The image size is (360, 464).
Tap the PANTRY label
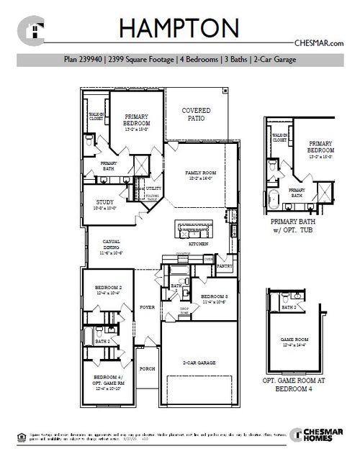pos(224,265)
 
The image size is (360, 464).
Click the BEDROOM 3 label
pos(214,296)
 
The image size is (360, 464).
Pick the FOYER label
pos(147,306)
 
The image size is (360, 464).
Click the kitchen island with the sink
pos(194,230)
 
